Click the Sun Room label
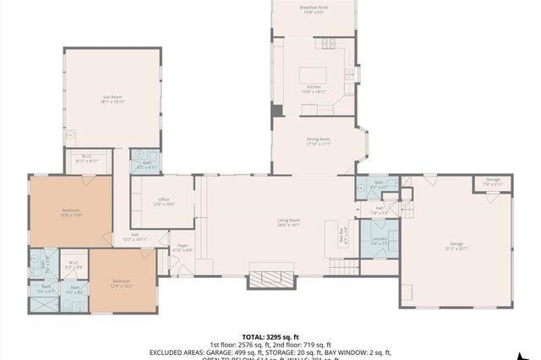(112, 99)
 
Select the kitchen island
(314, 75)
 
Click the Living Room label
(289, 222)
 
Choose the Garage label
(456, 247)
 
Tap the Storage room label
(493, 182)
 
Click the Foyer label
(183, 248)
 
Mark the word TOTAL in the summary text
(254, 335)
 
